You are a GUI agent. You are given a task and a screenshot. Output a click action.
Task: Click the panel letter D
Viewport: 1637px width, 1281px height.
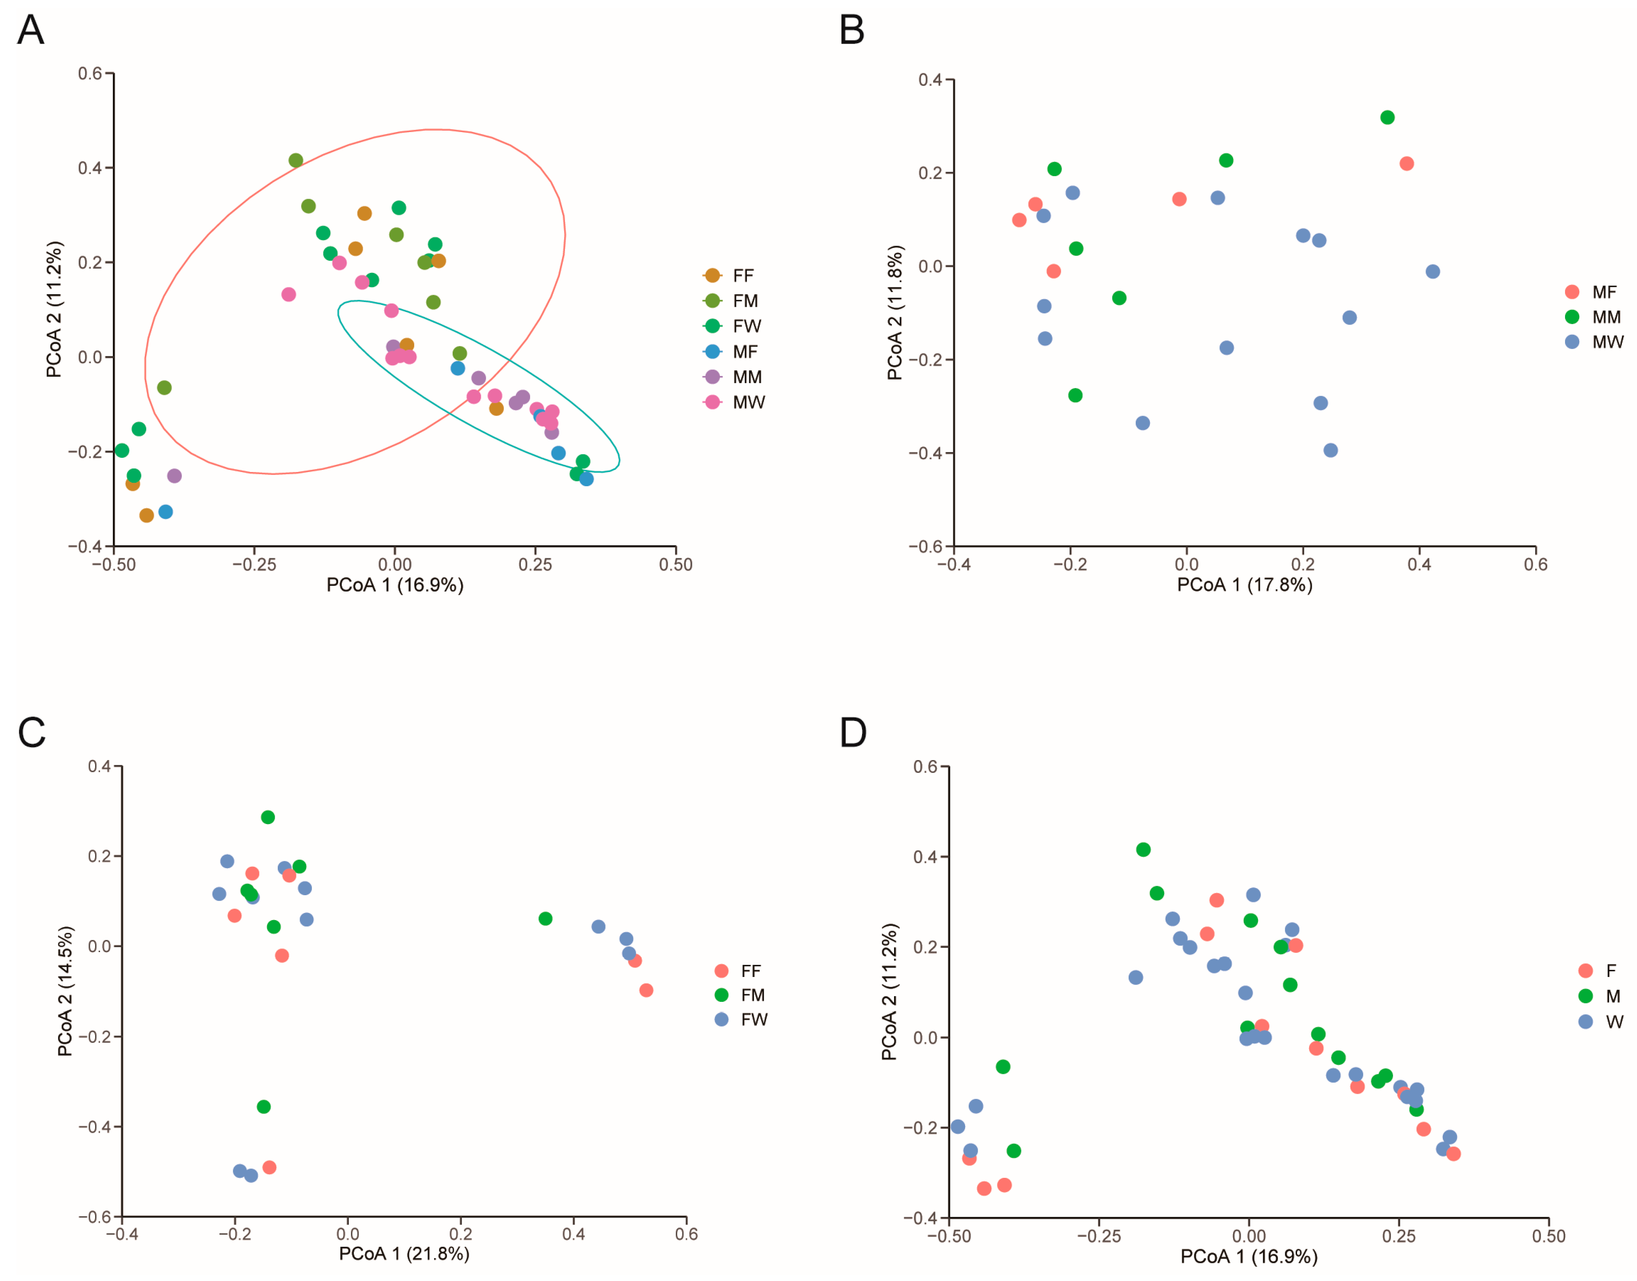point(853,733)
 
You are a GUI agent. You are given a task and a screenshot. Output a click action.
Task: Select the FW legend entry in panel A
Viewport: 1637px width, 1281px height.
point(746,326)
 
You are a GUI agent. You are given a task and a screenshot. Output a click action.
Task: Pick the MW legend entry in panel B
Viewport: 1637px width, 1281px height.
point(1607,342)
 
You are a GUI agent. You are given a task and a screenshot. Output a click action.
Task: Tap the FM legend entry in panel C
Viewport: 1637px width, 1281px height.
point(752,995)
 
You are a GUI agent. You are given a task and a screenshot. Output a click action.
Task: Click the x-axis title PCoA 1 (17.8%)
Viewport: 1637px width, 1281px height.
point(1244,585)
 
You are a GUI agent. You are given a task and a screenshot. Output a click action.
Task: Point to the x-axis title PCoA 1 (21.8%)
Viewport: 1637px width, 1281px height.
point(404,1254)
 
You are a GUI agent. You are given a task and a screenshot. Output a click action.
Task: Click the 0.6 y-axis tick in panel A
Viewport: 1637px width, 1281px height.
point(90,73)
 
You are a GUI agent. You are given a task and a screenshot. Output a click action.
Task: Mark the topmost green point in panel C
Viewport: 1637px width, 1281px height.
point(268,817)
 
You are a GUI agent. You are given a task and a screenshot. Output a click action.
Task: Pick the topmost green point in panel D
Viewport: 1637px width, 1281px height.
point(1143,850)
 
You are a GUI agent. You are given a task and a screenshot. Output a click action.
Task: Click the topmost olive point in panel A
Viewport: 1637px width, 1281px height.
point(295,160)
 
